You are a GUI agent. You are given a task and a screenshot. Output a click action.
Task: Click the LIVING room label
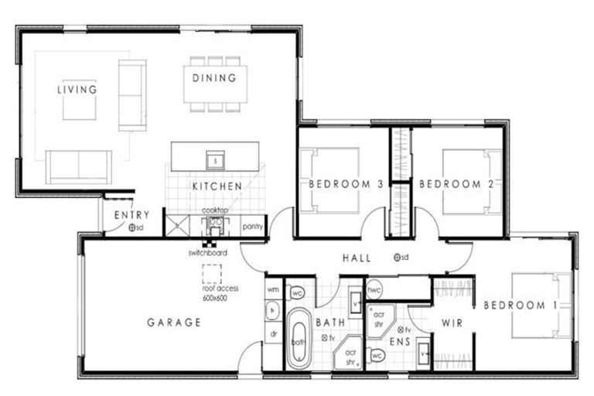[77, 90]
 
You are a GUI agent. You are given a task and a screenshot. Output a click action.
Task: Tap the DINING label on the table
[215, 78]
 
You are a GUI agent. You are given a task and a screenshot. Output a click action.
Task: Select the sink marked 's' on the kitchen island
[215, 160]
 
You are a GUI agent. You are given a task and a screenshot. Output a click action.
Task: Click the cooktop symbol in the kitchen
[215, 224]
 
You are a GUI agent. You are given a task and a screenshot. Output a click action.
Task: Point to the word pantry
[253, 227]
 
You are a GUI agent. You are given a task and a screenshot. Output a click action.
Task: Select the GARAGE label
[174, 323]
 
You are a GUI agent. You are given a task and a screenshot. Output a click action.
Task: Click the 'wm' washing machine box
[272, 289]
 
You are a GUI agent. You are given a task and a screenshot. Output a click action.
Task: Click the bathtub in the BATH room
[299, 340]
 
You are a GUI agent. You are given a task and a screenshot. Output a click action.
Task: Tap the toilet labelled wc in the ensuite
[377, 356]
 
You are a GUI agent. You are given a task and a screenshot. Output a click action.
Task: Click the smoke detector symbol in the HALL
[396, 258]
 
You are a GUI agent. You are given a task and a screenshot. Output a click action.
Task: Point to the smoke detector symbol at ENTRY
[133, 228]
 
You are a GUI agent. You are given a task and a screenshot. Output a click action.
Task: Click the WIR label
[452, 323]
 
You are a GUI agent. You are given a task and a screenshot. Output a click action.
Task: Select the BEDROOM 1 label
[520, 306]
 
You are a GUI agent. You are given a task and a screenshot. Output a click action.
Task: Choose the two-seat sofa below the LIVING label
[78, 166]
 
